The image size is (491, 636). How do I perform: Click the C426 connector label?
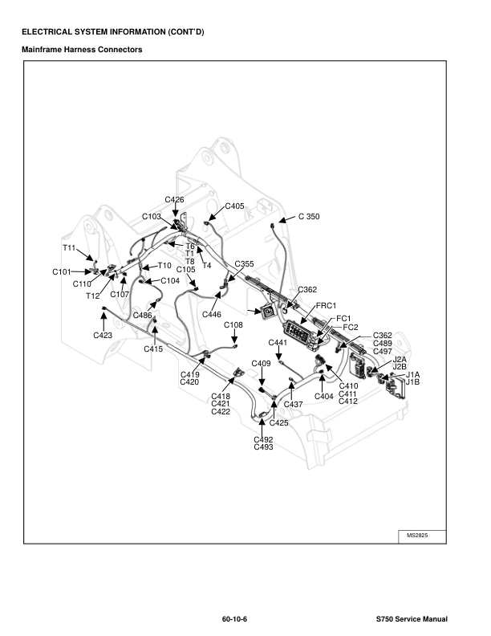(x=174, y=199)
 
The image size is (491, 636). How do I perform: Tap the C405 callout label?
(x=235, y=206)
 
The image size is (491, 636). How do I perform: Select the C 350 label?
(x=309, y=217)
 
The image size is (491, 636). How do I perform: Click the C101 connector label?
(x=63, y=272)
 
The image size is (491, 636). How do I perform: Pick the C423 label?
(x=103, y=335)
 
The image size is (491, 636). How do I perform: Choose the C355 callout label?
(x=244, y=264)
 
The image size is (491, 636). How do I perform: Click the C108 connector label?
(x=233, y=325)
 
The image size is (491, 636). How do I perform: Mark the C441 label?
(x=278, y=343)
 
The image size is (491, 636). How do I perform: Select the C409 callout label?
(x=262, y=364)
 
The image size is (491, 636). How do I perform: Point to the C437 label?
(x=293, y=404)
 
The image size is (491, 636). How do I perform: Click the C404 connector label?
(x=324, y=397)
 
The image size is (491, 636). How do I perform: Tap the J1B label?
(x=412, y=382)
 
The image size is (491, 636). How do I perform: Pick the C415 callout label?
(x=153, y=349)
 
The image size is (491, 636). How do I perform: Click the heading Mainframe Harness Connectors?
(x=82, y=50)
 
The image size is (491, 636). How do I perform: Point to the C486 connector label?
(x=142, y=316)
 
